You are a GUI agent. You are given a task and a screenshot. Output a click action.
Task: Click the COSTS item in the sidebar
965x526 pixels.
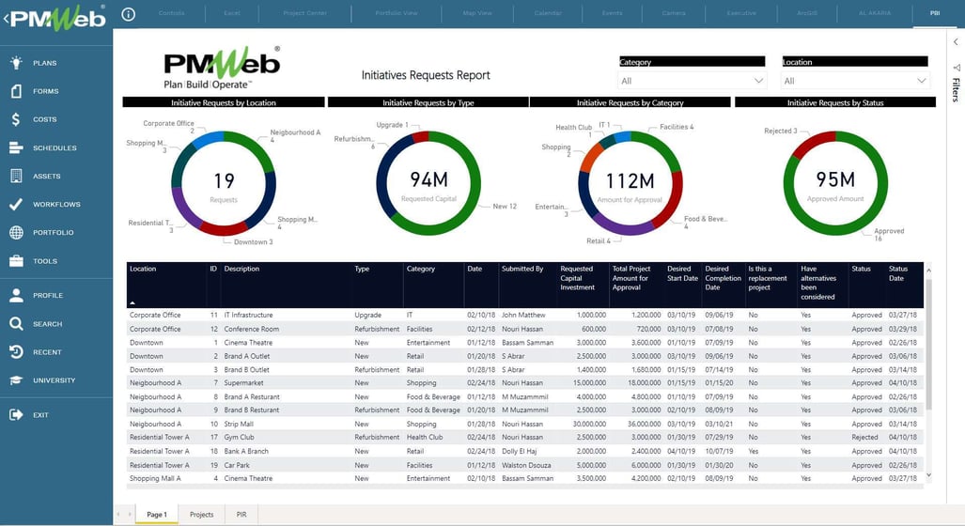tap(44, 119)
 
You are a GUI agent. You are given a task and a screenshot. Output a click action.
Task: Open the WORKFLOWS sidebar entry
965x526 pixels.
tap(55, 204)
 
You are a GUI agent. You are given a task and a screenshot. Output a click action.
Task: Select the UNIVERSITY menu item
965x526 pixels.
tap(54, 380)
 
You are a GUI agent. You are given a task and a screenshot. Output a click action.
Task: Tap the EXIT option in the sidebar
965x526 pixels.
tap(40, 414)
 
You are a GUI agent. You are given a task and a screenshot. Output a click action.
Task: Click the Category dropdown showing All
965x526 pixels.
tap(693, 81)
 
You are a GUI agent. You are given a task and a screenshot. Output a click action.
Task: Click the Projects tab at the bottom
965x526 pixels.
tap(201, 515)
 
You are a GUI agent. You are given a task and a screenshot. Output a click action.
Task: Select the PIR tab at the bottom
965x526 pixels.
tap(241, 515)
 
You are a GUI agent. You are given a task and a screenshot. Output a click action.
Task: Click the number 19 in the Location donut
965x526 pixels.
tap(224, 180)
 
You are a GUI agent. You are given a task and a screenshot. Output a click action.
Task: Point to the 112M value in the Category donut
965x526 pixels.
tap(630, 180)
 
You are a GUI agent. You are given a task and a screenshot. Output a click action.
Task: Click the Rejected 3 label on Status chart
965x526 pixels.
tap(780, 131)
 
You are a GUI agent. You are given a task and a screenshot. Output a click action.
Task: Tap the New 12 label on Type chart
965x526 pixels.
tap(505, 207)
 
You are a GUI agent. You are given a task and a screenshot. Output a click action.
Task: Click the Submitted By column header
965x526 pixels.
tap(522, 269)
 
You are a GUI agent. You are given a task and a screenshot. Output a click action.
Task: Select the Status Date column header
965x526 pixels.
tap(899, 273)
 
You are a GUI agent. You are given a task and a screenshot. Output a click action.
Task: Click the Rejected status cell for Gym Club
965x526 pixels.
tap(864, 438)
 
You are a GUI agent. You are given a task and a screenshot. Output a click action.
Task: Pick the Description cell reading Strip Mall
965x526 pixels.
tap(241, 424)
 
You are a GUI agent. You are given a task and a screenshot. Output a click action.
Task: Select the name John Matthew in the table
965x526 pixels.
tap(522, 316)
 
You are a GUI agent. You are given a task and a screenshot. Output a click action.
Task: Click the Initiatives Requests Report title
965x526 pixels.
tap(426, 75)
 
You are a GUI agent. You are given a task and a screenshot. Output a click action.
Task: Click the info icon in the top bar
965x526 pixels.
tap(129, 14)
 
